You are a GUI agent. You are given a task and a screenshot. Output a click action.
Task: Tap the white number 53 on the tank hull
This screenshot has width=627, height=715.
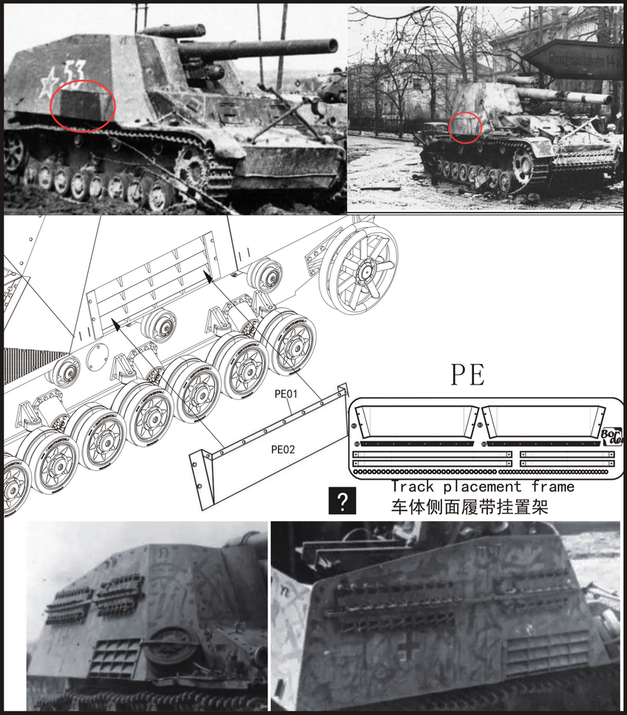click(x=74, y=72)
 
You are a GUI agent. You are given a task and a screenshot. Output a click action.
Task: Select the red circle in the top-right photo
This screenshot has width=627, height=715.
click(x=466, y=126)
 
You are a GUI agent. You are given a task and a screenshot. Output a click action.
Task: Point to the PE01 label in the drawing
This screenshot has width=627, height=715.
click(x=286, y=395)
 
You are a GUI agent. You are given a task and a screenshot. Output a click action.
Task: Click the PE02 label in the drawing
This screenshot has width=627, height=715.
click(x=282, y=448)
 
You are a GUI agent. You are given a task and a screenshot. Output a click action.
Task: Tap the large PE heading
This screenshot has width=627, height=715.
click(x=468, y=376)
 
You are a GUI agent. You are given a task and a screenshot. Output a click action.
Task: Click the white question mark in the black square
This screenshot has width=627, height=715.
click(x=342, y=501)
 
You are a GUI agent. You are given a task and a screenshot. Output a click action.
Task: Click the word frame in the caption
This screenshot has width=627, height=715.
click(x=552, y=487)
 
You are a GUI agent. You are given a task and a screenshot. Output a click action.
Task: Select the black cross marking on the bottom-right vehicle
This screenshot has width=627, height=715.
click(x=406, y=648)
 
